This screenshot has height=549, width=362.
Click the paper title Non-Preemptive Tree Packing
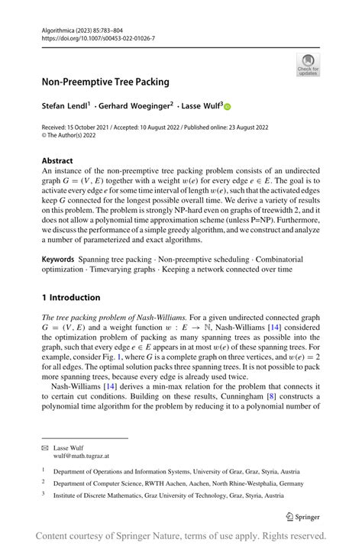coord(105,82)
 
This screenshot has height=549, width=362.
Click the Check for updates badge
coord(308,64)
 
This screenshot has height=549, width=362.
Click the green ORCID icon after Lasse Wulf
coord(227,105)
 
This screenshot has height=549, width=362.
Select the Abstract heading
coord(58,160)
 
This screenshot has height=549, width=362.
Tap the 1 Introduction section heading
coord(71,297)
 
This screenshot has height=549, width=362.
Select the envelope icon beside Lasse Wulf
coord(46,448)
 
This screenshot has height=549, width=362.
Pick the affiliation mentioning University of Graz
coord(176,472)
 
